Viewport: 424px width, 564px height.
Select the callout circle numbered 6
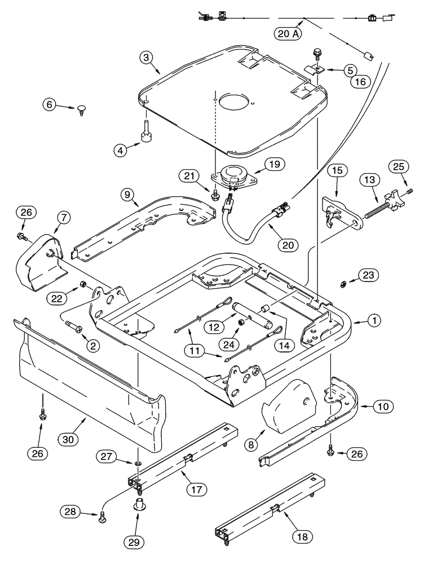[49, 104]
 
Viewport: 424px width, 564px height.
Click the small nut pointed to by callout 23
[343, 282]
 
